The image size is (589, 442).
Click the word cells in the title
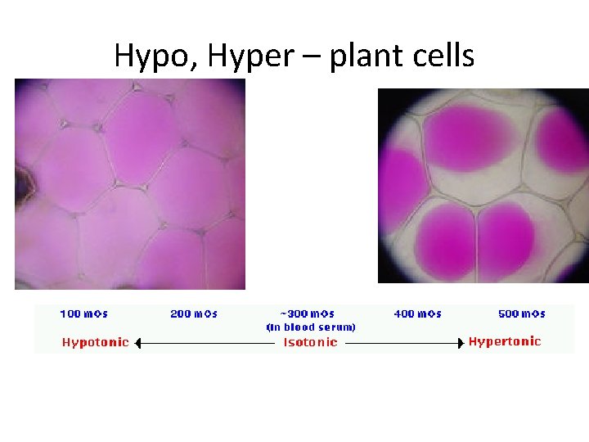(x=443, y=55)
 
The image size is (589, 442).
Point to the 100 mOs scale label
(x=83, y=313)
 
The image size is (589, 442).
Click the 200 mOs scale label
(x=194, y=313)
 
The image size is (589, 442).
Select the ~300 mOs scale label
(x=308, y=313)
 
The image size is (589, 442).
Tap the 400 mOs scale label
(x=417, y=313)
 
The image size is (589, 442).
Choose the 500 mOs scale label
(x=522, y=313)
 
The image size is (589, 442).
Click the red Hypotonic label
(x=95, y=342)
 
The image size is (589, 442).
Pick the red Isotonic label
(x=310, y=343)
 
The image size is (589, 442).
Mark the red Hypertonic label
(x=504, y=341)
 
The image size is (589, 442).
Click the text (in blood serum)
(x=311, y=327)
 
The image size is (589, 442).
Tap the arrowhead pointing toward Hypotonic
(x=138, y=343)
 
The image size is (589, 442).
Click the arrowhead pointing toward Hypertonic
(x=460, y=343)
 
